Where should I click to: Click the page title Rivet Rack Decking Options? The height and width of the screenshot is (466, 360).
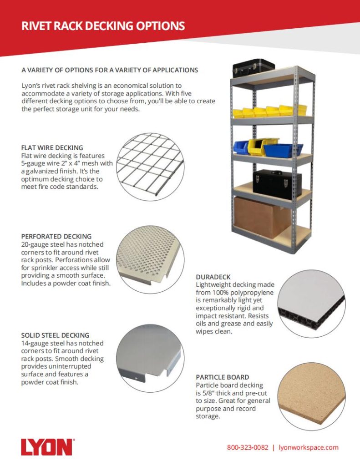point(103,26)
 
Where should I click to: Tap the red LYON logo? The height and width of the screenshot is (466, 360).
point(46,447)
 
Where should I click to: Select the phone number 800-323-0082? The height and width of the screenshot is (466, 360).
point(248,447)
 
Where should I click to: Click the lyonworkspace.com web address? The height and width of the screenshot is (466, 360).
point(308,447)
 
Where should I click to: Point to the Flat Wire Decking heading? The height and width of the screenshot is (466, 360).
point(52,148)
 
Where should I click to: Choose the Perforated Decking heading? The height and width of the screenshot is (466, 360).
point(56,237)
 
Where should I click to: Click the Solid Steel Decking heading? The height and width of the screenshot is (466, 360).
point(55,335)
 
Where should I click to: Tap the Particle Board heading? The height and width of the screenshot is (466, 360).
point(222,377)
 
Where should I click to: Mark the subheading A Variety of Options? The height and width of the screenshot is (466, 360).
point(110,70)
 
